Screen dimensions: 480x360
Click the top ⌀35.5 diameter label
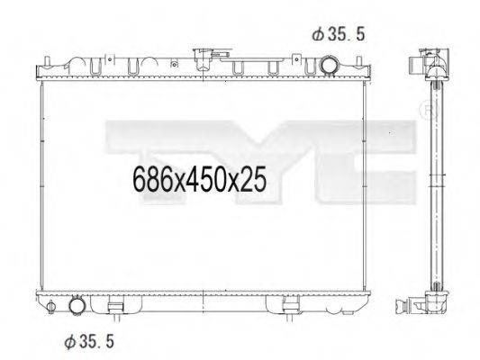(339, 34)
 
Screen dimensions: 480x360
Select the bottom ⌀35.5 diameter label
(89, 341)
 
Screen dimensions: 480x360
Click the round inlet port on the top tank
(329, 65)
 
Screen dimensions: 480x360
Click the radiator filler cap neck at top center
(202, 59)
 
